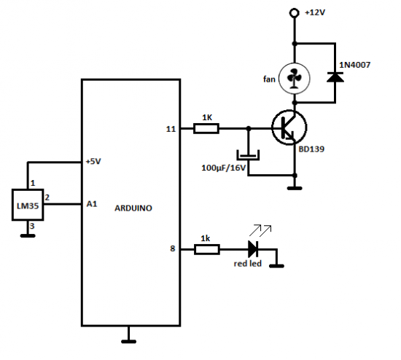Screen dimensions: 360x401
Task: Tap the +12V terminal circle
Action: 295,13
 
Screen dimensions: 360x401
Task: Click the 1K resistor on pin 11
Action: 206,129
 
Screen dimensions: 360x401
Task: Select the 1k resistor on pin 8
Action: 206,250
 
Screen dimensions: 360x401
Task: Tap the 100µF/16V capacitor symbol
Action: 248,155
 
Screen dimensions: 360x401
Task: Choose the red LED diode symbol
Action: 254,249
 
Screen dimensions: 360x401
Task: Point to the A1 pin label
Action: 91,205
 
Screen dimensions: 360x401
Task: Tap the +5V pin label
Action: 93,162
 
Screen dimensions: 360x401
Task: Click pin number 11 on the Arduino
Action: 172,129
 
